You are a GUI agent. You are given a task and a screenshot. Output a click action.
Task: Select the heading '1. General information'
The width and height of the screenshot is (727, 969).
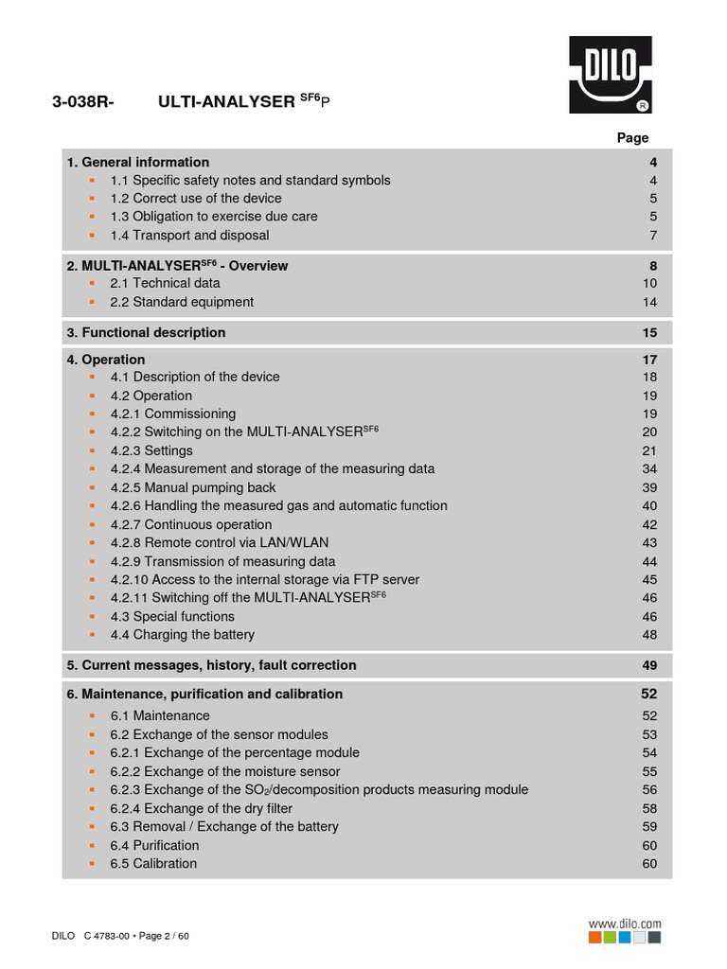pos(138,162)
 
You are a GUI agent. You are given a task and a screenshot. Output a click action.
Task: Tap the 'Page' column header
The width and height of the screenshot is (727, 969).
pos(632,137)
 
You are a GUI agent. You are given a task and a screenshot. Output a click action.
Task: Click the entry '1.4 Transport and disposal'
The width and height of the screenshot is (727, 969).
pos(189,235)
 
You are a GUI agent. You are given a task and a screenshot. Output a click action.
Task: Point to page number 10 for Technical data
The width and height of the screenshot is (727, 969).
pos(649,283)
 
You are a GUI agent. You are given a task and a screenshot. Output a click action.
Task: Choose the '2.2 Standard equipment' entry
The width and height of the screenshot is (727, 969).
pos(182,302)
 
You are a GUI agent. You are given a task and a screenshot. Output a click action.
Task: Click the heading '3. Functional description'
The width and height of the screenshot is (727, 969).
pos(146,332)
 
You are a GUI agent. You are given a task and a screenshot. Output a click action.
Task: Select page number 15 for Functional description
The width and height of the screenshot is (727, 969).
pos(649,332)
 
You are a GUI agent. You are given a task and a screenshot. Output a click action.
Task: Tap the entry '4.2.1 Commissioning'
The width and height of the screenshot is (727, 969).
pos(173,414)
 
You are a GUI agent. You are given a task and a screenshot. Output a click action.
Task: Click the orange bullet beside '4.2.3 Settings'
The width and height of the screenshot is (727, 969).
pos(92,450)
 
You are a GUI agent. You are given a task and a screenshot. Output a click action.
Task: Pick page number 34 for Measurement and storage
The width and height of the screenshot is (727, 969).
pos(649,468)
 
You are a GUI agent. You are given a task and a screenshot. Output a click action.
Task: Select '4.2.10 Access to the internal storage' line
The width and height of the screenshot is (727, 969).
pos(265,579)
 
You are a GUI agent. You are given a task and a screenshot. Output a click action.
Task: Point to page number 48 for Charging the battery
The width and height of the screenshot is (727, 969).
pos(649,634)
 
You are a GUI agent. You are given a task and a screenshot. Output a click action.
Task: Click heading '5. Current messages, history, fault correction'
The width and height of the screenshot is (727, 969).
pos(211,665)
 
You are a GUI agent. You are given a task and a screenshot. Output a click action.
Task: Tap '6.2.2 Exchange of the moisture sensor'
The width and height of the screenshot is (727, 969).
pos(225,771)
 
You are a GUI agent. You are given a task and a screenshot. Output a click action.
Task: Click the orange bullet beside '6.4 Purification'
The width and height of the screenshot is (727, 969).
pos(92,845)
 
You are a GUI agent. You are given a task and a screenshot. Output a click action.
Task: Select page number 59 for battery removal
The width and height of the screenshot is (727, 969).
pos(649,826)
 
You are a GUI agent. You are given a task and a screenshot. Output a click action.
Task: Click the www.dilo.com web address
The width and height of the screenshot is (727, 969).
pos(625,924)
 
